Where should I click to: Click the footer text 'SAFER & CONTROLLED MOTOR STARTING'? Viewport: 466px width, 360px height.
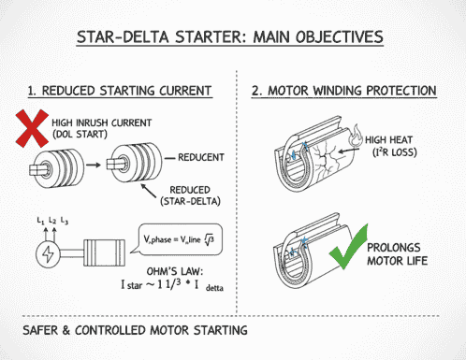[x=134, y=331]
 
